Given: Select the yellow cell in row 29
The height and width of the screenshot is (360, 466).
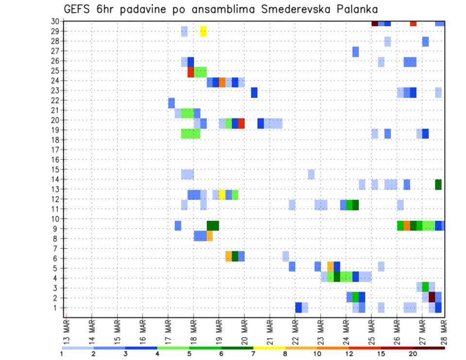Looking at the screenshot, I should [x=203, y=31].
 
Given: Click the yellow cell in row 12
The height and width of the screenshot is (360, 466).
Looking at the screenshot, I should [x=222, y=194].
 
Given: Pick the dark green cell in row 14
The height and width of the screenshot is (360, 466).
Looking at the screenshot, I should [x=438, y=184].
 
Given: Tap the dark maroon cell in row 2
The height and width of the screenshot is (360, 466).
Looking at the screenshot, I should [x=432, y=297].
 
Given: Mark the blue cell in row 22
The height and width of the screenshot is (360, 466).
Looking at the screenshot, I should [x=171, y=103].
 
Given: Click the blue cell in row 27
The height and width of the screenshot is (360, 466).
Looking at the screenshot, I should [x=355, y=51].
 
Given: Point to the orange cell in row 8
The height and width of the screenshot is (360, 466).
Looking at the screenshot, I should [x=210, y=236].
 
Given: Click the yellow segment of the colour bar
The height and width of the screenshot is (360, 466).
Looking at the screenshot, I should [x=269, y=348].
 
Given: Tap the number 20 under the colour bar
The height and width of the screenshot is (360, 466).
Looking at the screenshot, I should [x=413, y=354].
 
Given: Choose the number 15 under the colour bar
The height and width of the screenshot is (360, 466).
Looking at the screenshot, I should [x=381, y=354].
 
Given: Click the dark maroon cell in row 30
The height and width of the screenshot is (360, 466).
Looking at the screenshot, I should [x=375, y=23].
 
